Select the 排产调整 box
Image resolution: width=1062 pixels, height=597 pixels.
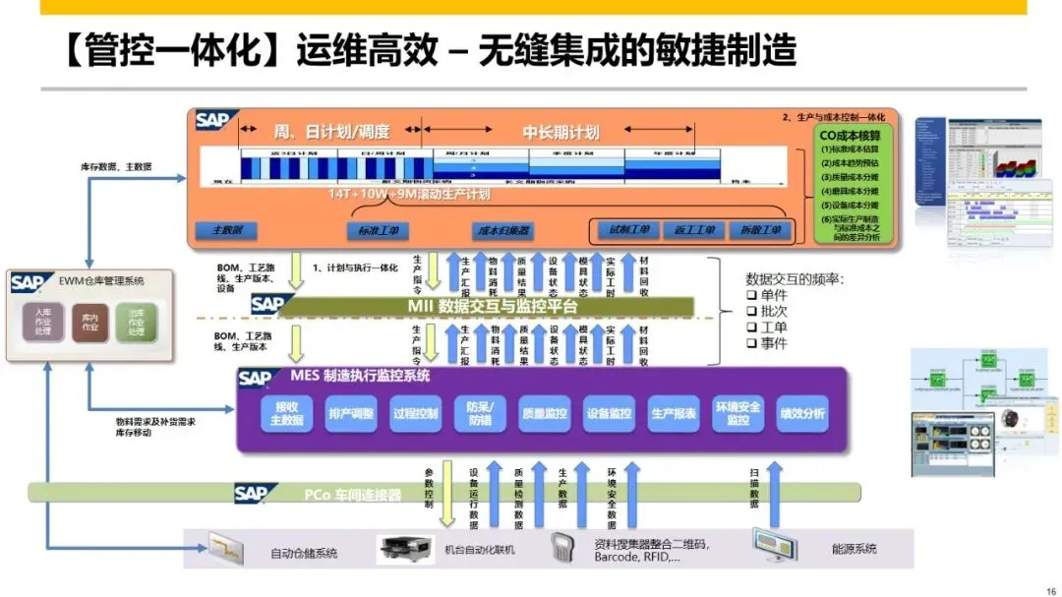[351, 414]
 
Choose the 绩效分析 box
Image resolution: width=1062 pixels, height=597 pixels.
[801, 414]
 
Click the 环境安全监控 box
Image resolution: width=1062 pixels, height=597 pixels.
[737, 414]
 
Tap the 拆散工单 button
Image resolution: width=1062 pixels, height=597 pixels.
[757, 230]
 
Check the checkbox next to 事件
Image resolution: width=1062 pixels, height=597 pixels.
[751, 343]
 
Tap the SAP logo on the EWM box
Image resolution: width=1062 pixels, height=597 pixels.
[28, 282]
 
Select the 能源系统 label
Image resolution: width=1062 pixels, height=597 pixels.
[854, 550]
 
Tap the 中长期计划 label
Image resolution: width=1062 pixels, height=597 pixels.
[560, 133]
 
